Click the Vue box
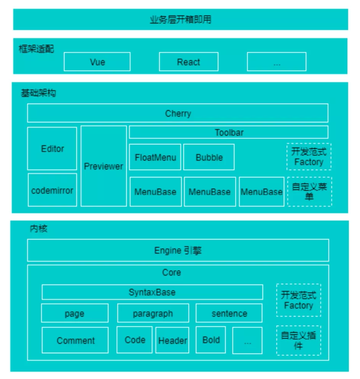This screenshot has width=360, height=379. pos(97,61)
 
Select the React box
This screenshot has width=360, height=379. pos(188,61)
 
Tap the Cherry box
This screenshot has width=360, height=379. pos(178,113)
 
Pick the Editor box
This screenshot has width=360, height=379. pos(52,148)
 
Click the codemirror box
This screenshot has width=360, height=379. pos(52,190)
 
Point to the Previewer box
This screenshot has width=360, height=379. pos(104,166)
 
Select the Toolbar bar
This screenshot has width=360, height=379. pos(229,132)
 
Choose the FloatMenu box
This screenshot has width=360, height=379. pos(155,157)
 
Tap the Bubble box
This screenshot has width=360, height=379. pos(209,157)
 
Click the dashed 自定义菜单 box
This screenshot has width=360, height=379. pos(310,192)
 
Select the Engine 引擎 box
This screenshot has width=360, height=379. pos(178,250)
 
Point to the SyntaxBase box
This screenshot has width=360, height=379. pos(153,292)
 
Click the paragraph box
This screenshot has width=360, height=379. pos(153,313)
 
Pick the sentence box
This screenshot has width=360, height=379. pos(229,313)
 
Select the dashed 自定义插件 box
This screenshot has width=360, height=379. pos(299,340)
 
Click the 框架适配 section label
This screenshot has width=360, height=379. pos(36,49)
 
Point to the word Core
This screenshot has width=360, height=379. pos(172,273)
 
